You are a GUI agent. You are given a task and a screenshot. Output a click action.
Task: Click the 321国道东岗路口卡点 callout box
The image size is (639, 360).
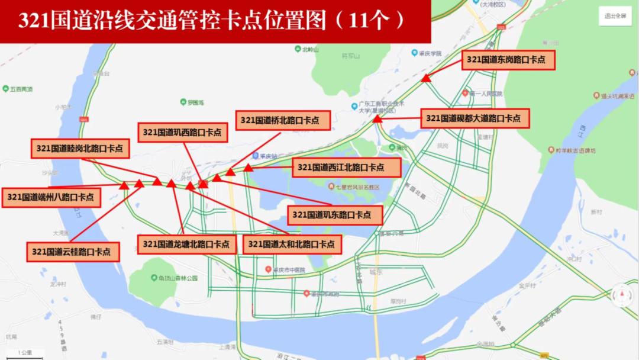click(x=508, y=60)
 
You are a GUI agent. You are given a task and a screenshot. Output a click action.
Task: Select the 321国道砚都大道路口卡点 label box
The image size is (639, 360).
click(x=473, y=118)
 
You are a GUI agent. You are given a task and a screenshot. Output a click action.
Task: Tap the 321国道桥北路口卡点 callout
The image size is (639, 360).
click(x=280, y=120)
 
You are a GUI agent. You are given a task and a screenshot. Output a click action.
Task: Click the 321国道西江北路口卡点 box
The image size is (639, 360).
click(x=341, y=168)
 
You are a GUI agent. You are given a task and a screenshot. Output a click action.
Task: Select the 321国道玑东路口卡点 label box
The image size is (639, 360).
click(x=335, y=215)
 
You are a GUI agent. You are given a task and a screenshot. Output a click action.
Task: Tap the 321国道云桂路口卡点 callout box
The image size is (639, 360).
click(x=72, y=252)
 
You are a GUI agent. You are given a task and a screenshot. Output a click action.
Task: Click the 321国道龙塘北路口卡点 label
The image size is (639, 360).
click(x=186, y=244)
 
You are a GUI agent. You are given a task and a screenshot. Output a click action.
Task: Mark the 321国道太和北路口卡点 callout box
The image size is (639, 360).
click(x=292, y=244)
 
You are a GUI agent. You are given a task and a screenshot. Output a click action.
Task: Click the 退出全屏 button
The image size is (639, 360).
click(x=615, y=16)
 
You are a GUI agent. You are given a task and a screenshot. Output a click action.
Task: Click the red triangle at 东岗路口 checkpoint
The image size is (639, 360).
click(x=425, y=78)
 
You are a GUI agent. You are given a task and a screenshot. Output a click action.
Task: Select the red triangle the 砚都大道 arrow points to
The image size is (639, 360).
click(x=377, y=119)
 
